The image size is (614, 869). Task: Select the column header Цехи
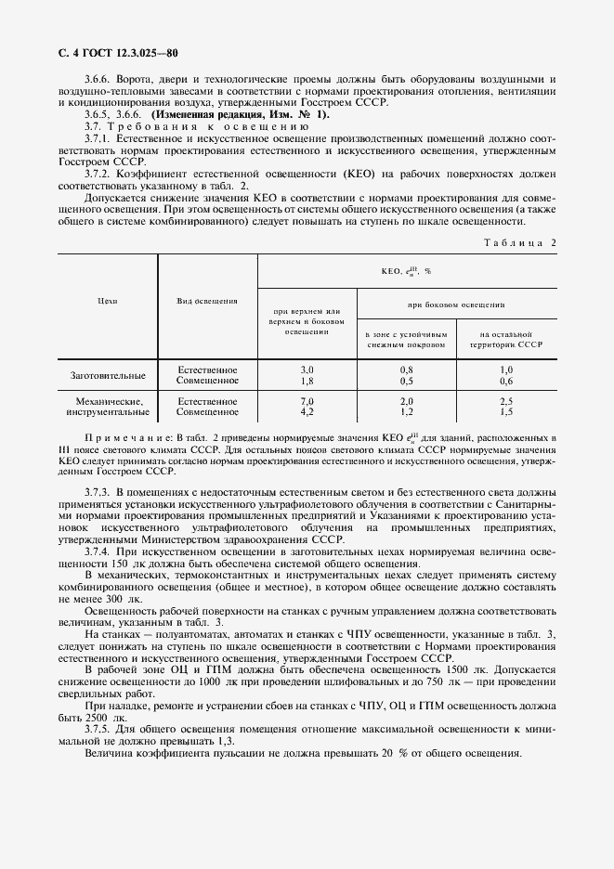[107, 301]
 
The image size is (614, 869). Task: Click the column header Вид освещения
[207, 301]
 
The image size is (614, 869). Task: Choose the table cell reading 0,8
[406, 370]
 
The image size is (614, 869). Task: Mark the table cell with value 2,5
[505, 400]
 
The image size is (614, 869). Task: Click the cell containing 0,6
[505, 381]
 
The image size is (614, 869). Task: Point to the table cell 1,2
[406, 410]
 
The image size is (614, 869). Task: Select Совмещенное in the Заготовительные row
[207, 381]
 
